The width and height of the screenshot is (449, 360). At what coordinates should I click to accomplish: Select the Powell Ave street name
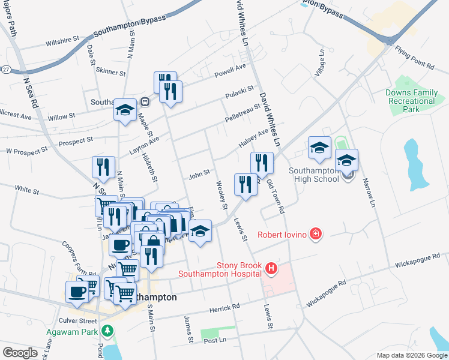(231, 70)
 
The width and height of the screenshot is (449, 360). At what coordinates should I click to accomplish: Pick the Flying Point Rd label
(414, 57)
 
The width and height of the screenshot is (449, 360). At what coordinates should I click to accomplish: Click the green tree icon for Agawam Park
(107, 331)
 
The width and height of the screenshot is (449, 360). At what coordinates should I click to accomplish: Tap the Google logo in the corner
(20, 352)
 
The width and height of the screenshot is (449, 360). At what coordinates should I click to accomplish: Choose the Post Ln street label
(214, 341)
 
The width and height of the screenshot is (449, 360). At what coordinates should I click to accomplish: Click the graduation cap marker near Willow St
(125, 110)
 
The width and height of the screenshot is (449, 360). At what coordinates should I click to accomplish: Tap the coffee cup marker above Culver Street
(77, 292)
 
